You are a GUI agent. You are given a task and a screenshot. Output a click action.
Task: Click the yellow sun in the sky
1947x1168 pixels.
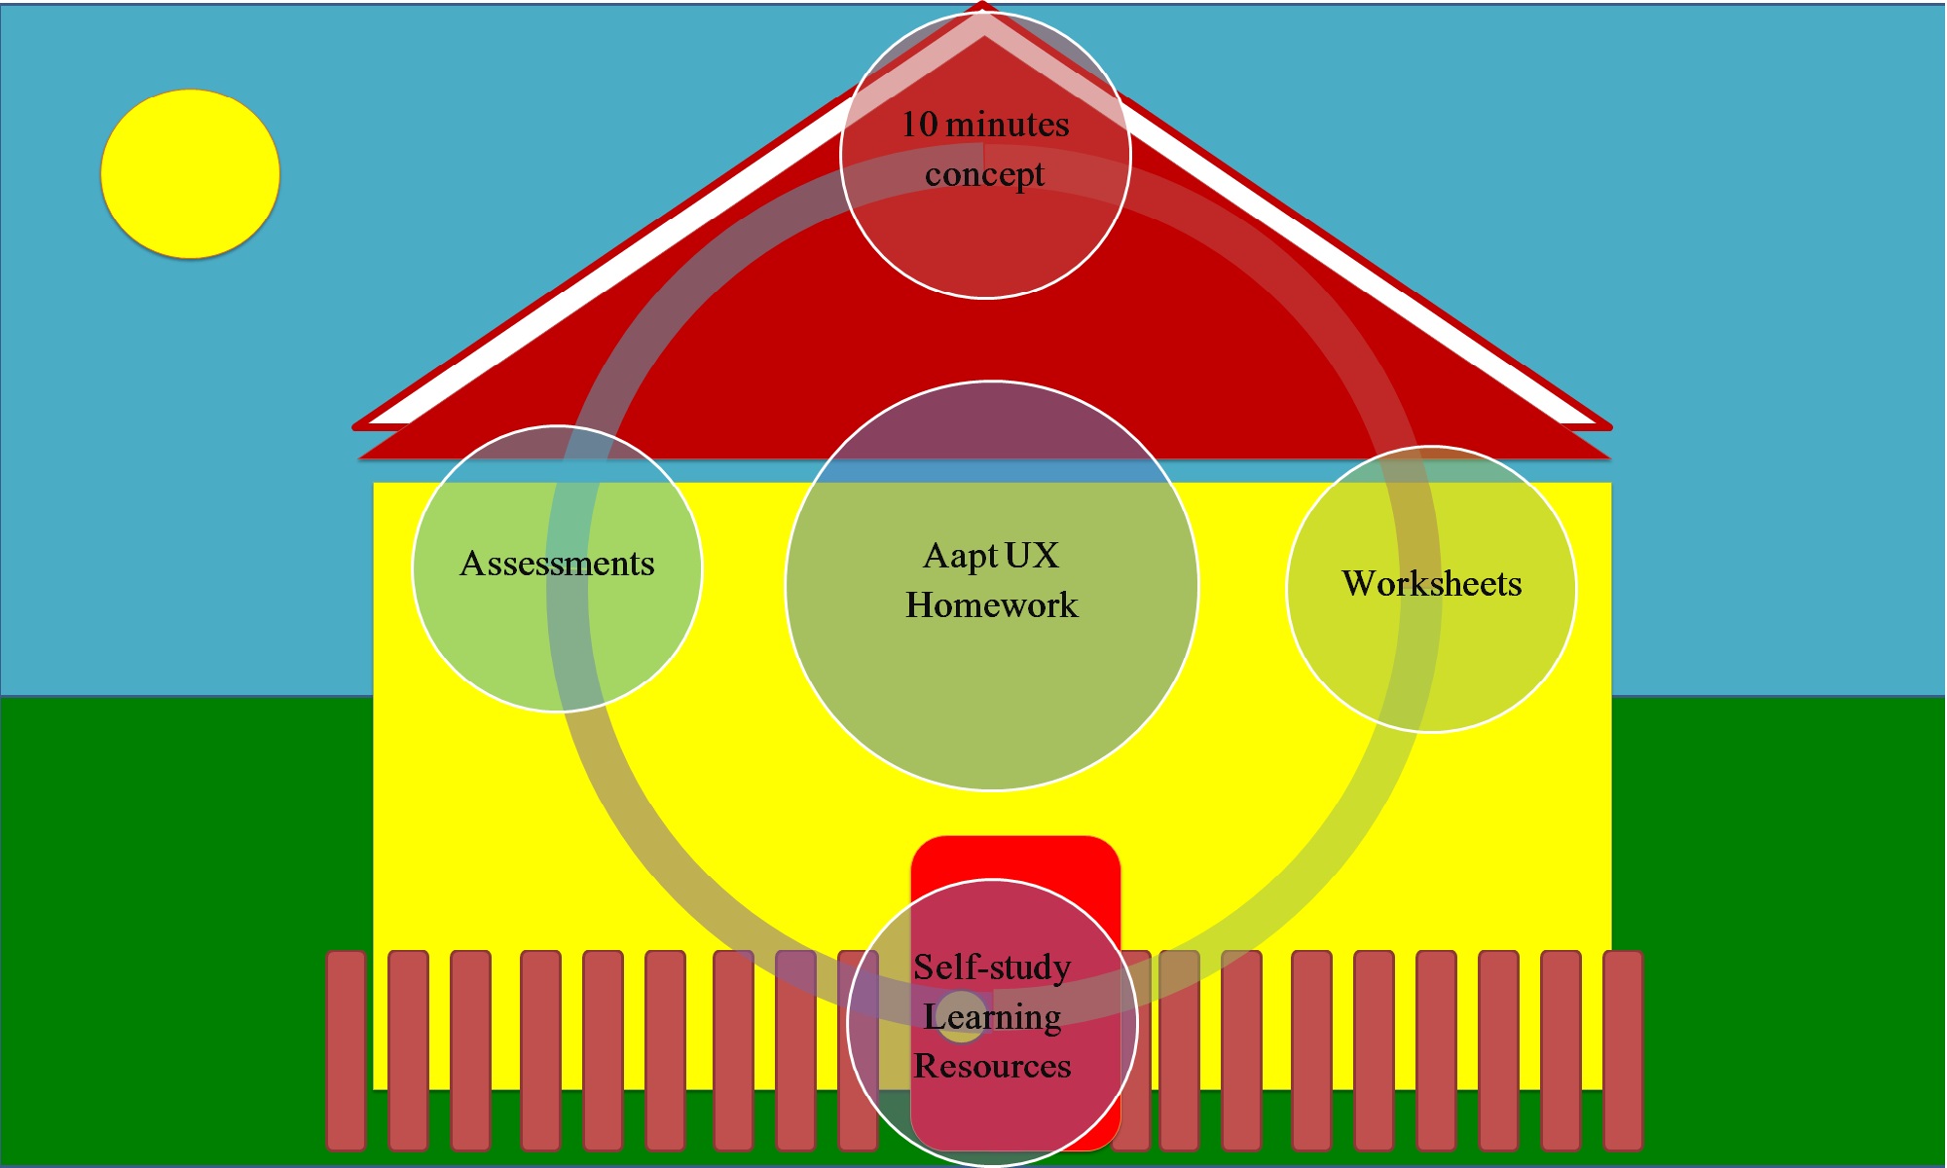coord(191,174)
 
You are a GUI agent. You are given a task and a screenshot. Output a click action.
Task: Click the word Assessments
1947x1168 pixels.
coord(557,564)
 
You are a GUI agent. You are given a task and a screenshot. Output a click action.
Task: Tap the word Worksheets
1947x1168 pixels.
coord(1431,584)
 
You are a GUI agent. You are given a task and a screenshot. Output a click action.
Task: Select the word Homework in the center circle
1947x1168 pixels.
coord(991,605)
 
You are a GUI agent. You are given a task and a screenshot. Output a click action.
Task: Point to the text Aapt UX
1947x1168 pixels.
coord(991,556)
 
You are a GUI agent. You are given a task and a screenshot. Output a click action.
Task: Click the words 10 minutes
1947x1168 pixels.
coord(985,125)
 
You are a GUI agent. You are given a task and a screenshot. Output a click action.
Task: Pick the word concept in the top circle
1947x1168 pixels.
coord(984,175)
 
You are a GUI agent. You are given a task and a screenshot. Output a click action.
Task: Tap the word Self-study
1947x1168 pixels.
coord(992,967)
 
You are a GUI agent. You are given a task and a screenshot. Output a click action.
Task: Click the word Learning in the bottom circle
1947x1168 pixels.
coord(992,1017)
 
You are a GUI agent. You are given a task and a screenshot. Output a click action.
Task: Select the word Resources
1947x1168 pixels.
coord(992,1067)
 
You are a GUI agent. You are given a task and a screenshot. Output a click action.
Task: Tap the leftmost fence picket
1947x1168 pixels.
coord(346,1049)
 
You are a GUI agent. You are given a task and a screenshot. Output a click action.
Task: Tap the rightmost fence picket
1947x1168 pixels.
coord(1623,1049)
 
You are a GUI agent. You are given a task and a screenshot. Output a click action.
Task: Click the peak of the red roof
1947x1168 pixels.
coord(982,8)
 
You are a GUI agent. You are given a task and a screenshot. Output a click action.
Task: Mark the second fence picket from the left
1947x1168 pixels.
coord(408,1049)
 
